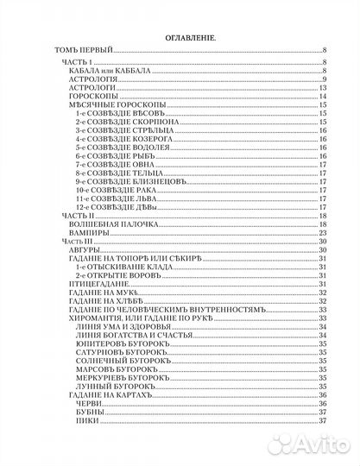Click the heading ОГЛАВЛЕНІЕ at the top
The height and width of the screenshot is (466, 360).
(x=180, y=41)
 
